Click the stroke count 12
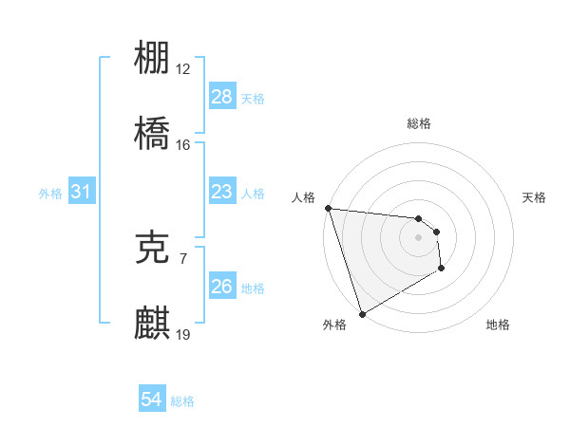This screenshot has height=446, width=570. click(183, 68)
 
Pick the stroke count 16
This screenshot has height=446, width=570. click(183, 144)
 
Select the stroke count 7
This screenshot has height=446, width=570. click(183, 257)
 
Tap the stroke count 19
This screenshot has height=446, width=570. click(183, 333)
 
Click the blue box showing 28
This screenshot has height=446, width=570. click(222, 97)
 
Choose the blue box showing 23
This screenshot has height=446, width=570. click(222, 193)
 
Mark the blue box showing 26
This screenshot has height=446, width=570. click(222, 287)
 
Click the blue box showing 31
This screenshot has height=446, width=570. click(82, 193)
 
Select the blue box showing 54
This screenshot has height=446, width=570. click(152, 400)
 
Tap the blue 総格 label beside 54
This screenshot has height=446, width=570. click(182, 401)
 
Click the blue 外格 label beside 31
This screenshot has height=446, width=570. click(50, 194)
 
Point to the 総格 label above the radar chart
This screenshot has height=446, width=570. click(419, 123)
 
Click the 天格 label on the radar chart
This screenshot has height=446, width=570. click(534, 197)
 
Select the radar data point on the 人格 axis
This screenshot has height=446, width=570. click(328, 209)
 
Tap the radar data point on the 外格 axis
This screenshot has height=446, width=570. click(362, 313)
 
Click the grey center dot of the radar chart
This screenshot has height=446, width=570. click(418, 237)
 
